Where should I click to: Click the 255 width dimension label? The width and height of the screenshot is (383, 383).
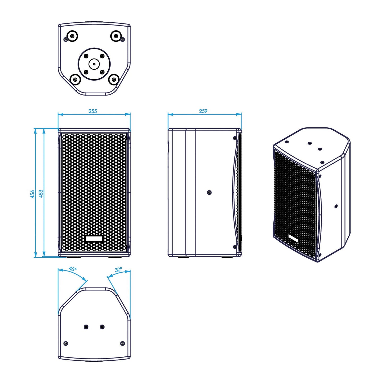click(x=93, y=111)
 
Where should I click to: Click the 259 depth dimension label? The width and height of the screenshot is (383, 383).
click(x=203, y=111)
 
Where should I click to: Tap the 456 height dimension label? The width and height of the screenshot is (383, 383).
click(x=32, y=194)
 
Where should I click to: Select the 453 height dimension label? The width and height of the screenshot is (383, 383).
click(x=41, y=194)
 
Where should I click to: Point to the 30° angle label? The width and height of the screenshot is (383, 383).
click(x=118, y=270)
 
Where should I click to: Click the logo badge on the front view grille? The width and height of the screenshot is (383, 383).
click(x=94, y=239)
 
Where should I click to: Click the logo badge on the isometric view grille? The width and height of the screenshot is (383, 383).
click(x=293, y=238)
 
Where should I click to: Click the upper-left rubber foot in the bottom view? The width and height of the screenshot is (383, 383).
click(x=72, y=36)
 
